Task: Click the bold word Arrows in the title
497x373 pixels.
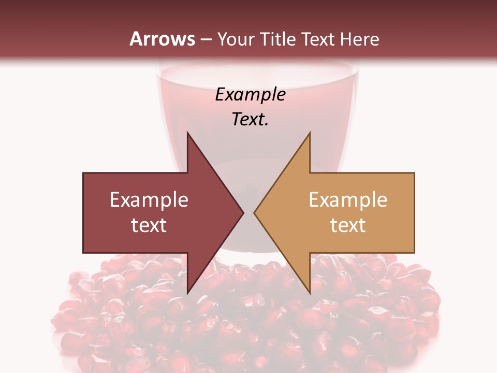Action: pyautogui.click(x=162, y=39)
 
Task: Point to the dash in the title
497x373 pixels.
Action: pyautogui.click(x=206, y=39)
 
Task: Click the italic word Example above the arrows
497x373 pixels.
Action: pyautogui.click(x=250, y=94)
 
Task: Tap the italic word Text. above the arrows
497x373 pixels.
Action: pyautogui.click(x=250, y=119)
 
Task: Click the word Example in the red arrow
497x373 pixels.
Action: pyautogui.click(x=149, y=200)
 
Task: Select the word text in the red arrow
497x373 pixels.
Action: pyautogui.click(x=149, y=225)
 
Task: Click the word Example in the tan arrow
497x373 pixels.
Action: pyautogui.click(x=348, y=200)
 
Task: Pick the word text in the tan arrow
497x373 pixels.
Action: pyautogui.click(x=348, y=225)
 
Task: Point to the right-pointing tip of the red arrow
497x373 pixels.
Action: pyautogui.click(x=243, y=212)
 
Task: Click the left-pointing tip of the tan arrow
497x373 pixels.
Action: pyautogui.click(x=254, y=212)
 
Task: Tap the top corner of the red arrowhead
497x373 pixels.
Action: pyautogui.click(x=187, y=133)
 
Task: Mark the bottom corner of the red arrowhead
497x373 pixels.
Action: pyautogui.click(x=187, y=293)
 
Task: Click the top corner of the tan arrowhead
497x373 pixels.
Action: pyautogui.click(x=310, y=133)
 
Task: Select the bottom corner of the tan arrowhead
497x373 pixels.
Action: pyautogui.click(x=310, y=293)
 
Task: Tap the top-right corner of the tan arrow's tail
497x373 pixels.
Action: pyautogui.click(x=414, y=173)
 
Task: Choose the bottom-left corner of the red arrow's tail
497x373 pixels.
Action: pyautogui.click(x=83, y=253)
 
